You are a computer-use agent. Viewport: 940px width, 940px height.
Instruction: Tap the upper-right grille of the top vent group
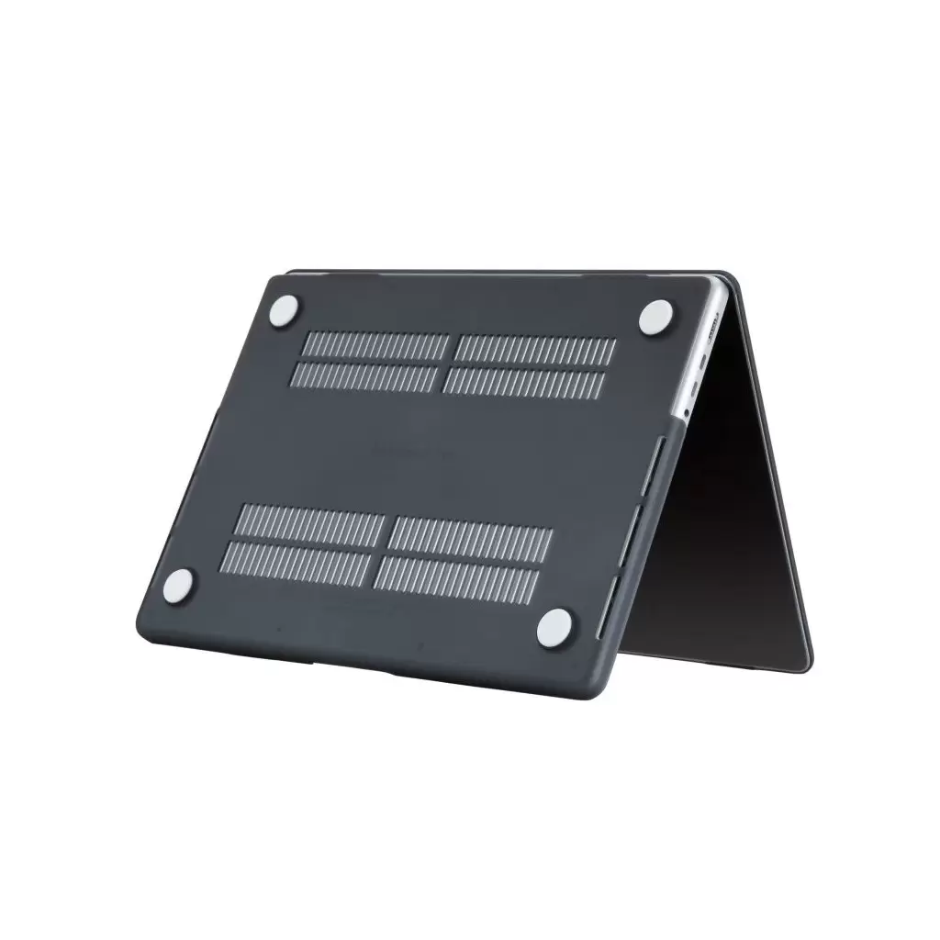click(x=535, y=349)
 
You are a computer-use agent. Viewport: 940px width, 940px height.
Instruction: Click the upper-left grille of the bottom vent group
click(x=310, y=523)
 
